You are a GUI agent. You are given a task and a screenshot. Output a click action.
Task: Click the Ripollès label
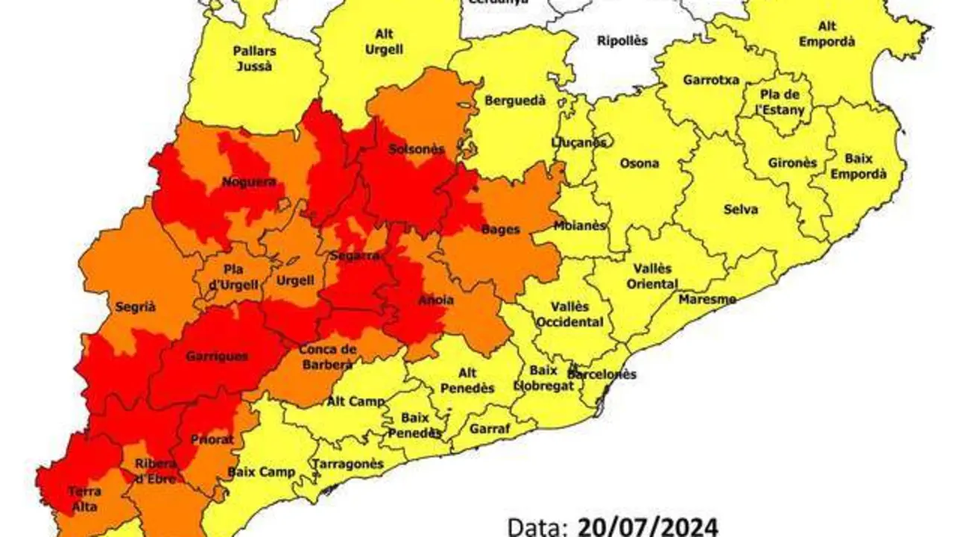tap(622, 41)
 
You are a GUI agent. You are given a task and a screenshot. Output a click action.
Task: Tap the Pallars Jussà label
tap(255, 58)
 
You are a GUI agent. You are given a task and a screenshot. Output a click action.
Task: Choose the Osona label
tap(639, 163)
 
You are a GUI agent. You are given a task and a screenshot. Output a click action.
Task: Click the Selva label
tap(740, 210)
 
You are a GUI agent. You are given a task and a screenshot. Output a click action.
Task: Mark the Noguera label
tap(249, 181)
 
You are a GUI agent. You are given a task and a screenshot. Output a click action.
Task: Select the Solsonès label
tap(416, 149)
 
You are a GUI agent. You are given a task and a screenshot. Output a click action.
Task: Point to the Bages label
tap(501, 229)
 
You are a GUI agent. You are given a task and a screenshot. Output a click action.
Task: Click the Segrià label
tap(136, 306)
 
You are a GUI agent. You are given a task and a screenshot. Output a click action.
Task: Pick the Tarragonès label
tap(348, 464)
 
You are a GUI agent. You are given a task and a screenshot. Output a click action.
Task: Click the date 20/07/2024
tap(648, 527)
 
